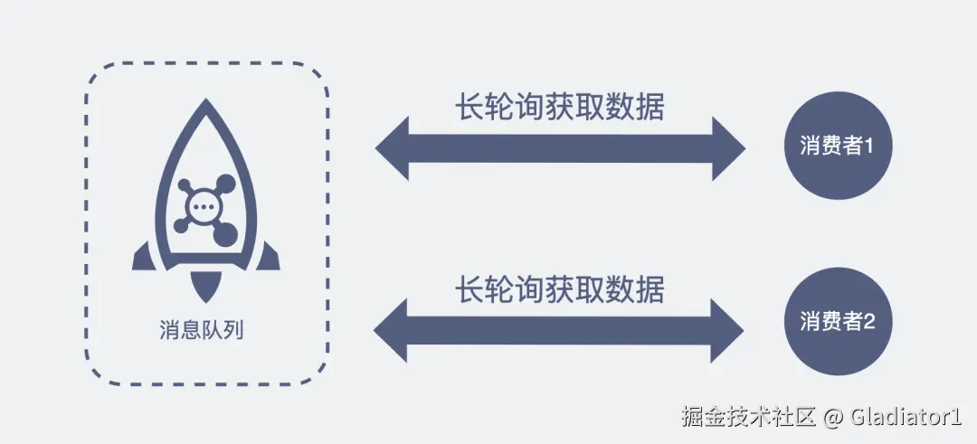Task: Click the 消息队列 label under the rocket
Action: click(206, 330)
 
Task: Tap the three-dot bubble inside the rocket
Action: click(205, 206)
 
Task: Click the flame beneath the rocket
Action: click(206, 288)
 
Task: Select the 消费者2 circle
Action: click(837, 320)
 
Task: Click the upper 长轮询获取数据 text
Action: click(559, 108)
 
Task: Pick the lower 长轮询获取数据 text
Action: click(559, 290)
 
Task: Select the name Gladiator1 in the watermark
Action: click(905, 418)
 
